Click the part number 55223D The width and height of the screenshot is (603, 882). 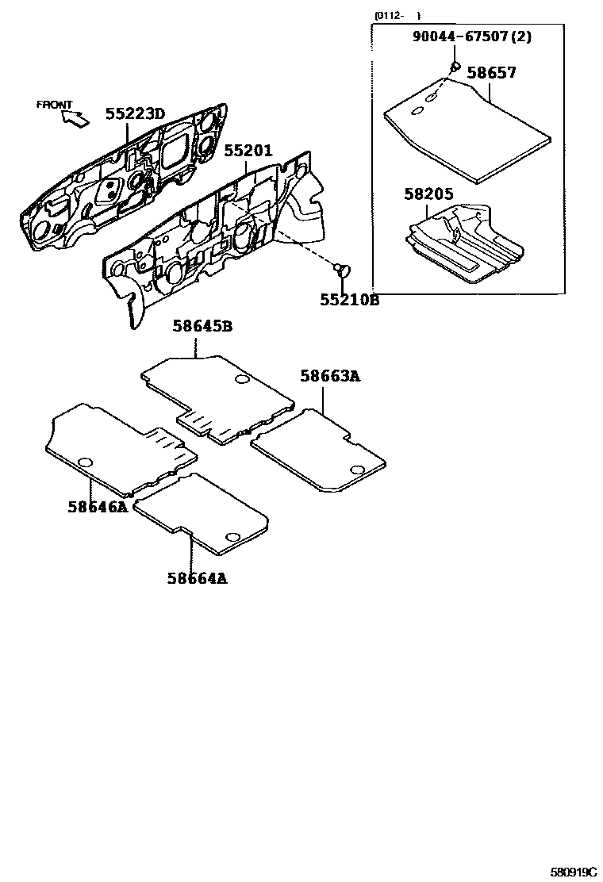pyautogui.click(x=135, y=114)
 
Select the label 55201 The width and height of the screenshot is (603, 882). pyautogui.click(x=248, y=151)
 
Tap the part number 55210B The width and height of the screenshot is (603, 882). pyautogui.click(x=349, y=300)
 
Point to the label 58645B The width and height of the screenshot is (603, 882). pyautogui.click(x=203, y=326)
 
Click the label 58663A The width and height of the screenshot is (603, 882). pyautogui.click(x=330, y=377)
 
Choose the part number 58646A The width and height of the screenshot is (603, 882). pyautogui.click(x=97, y=507)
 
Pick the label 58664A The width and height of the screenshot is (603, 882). pyautogui.click(x=197, y=578)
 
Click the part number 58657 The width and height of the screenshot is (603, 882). pyautogui.click(x=491, y=73)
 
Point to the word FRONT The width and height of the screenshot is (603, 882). pyautogui.click(x=54, y=105)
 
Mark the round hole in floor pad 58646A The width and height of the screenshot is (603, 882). pyautogui.click(x=86, y=462)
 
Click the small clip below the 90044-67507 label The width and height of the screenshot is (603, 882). pyautogui.click(x=455, y=65)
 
